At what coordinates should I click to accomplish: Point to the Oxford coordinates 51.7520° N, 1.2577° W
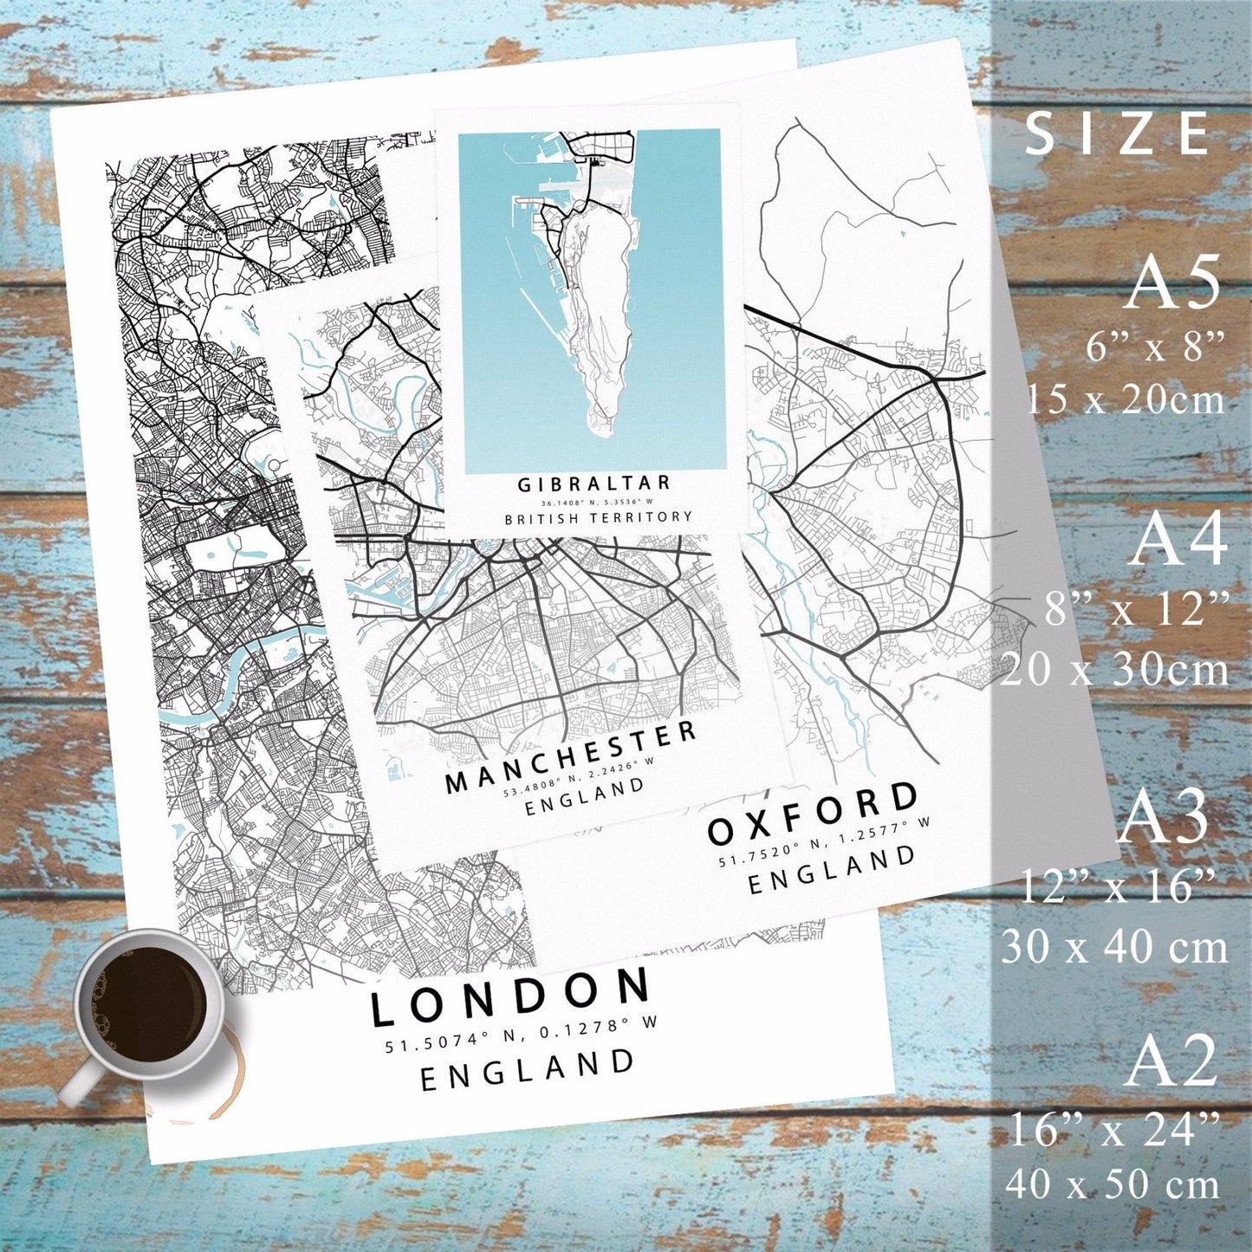click(x=823, y=842)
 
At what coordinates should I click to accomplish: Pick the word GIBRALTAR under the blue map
click(x=594, y=483)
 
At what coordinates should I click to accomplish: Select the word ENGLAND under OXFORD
click(x=832, y=871)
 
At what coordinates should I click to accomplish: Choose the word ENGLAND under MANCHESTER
click(x=586, y=797)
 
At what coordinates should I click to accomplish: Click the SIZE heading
click(x=1118, y=135)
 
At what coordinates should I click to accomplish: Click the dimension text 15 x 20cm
click(x=1126, y=399)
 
